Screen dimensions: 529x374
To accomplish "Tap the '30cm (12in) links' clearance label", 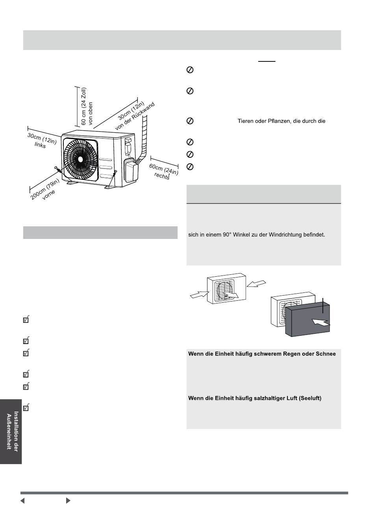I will [41, 141].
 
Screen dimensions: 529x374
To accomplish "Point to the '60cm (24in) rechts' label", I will [163, 171].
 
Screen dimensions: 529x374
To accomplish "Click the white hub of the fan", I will [81, 159].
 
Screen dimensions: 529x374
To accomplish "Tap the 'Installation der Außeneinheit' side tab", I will [11, 431].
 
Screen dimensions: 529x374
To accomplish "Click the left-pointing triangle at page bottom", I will [23, 501].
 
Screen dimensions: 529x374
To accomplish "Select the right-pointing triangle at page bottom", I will [68, 501].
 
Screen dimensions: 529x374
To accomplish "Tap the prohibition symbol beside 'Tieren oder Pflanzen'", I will [189, 121].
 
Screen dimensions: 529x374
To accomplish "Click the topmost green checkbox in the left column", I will [26, 320].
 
